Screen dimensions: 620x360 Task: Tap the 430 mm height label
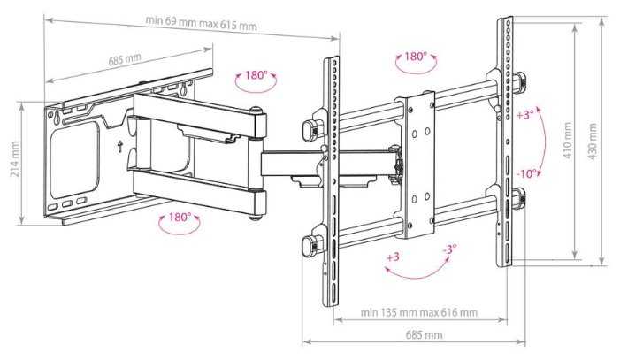click(593, 142)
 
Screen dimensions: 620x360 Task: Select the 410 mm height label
click(568, 141)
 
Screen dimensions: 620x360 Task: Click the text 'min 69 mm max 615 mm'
click(202, 23)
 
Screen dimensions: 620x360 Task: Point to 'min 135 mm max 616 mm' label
click(418, 312)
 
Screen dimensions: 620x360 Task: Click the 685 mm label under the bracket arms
click(425, 335)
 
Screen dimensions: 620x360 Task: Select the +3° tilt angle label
click(525, 115)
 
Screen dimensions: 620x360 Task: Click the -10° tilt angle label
click(527, 173)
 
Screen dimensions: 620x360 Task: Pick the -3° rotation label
click(449, 249)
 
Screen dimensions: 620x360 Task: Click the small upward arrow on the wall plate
click(119, 146)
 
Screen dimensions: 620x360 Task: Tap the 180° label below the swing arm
click(180, 218)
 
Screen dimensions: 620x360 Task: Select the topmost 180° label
click(416, 57)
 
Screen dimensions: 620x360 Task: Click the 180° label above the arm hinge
click(256, 75)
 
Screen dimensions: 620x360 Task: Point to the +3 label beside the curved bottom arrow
click(393, 257)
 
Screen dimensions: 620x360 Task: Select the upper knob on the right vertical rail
click(519, 82)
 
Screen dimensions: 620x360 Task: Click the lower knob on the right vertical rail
click(519, 199)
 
